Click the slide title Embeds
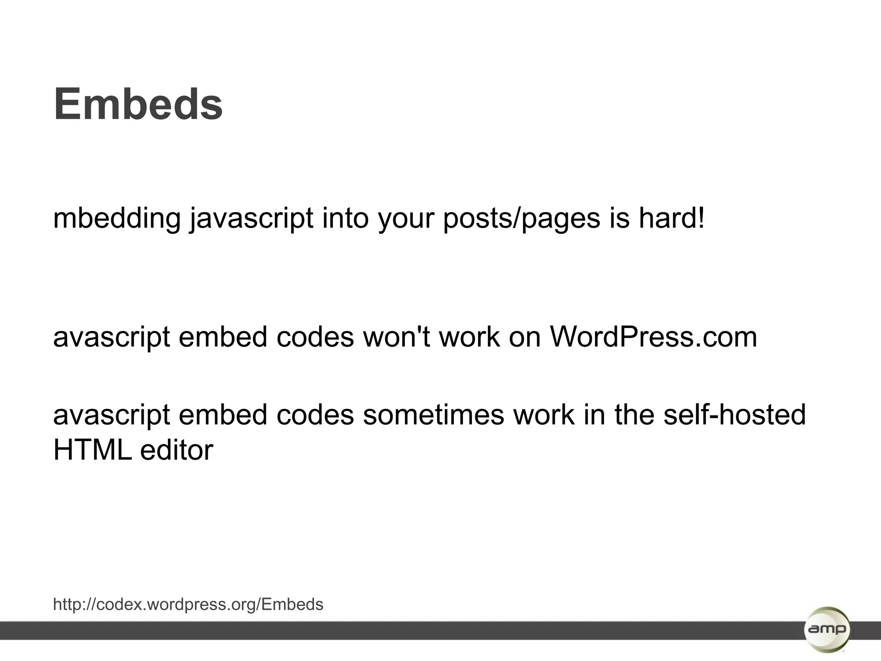pyautogui.click(x=138, y=105)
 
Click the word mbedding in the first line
pyautogui.click(x=117, y=218)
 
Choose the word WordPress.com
pyautogui.click(x=653, y=337)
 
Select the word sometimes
pyautogui.click(x=433, y=415)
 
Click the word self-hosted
pyautogui.click(x=734, y=415)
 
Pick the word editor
pyautogui.click(x=176, y=450)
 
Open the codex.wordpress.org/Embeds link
pyautogui.click(x=188, y=605)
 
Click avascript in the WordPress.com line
pyautogui.click(x=111, y=337)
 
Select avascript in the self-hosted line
pyautogui.click(x=111, y=415)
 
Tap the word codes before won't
pyautogui.click(x=315, y=337)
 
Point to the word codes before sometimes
pyautogui.click(x=315, y=415)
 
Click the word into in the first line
pyautogui.click(x=345, y=218)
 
